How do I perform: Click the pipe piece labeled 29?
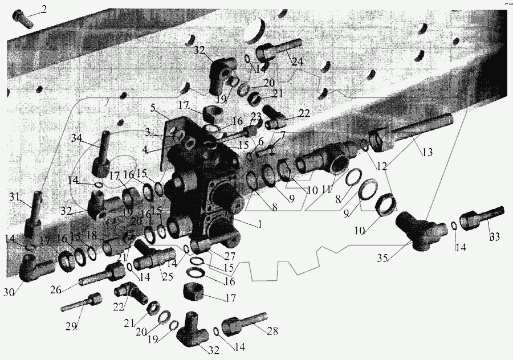(83, 302)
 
